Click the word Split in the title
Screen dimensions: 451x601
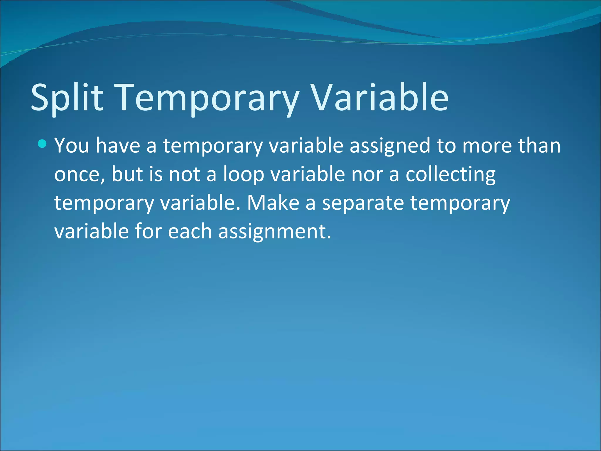[67, 97]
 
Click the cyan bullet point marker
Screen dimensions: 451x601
[42, 144]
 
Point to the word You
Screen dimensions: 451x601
[72, 146]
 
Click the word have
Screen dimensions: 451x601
[118, 146]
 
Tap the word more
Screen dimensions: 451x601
[487, 146]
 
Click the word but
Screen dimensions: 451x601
[127, 174]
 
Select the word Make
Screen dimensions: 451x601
[273, 203]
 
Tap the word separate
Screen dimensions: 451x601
[363, 203]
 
